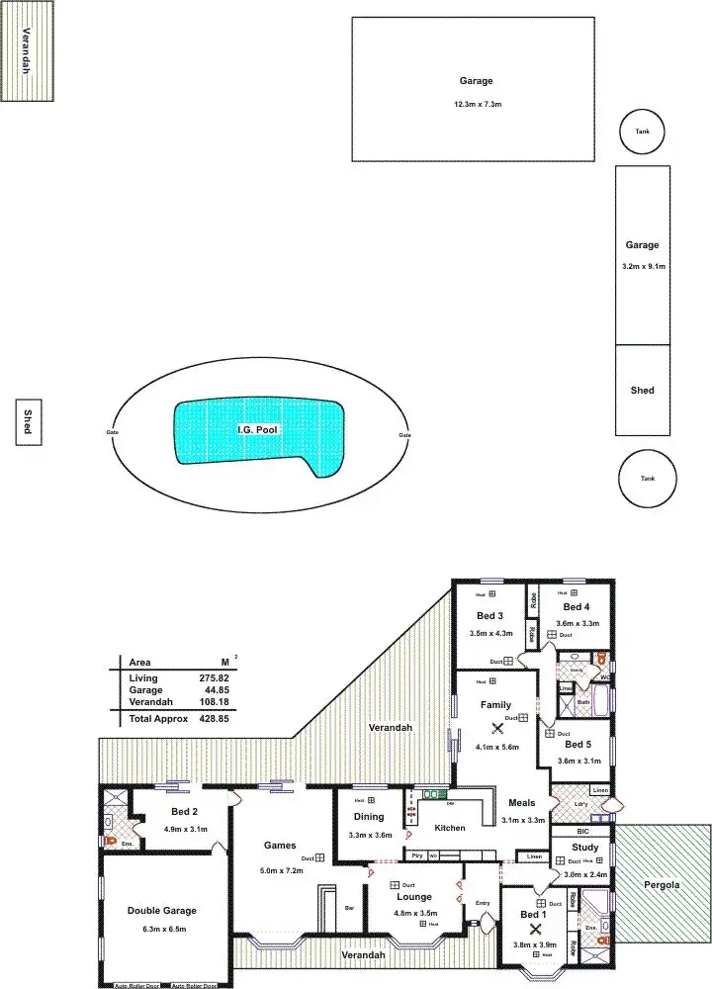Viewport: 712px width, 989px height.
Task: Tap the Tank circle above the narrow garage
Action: coord(643,134)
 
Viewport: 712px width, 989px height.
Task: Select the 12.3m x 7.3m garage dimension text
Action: coord(474,105)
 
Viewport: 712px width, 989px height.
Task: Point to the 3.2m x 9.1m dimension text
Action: coord(642,267)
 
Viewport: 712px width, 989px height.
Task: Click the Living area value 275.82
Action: coord(214,677)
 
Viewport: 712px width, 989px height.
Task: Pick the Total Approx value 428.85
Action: coord(214,719)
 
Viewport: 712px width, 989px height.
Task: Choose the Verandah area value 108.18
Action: coord(214,702)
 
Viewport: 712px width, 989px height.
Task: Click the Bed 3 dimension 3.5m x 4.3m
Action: coord(489,633)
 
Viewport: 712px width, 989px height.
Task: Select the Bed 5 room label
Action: coord(578,744)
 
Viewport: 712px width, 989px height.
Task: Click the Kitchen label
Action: coord(450,828)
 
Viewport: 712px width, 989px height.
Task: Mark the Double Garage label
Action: coord(162,911)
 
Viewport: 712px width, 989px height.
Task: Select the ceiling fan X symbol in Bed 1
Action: coord(535,929)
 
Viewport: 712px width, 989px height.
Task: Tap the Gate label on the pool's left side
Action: coord(113,433)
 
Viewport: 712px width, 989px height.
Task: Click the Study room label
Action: coord(585,848)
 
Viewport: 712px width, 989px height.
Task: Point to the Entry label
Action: coord(483,903)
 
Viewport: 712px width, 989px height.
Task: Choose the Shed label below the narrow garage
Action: coord(642,391)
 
